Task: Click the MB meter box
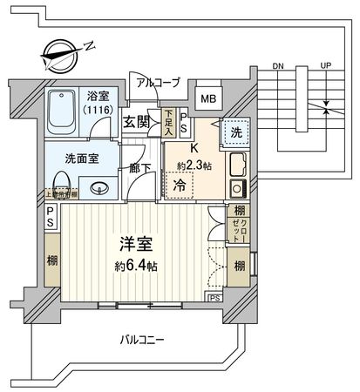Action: tap(209, 98)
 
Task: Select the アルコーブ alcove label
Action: tap(158, 83)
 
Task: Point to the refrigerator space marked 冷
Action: tap(179, 184)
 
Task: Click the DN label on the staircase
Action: tap(278, 66)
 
